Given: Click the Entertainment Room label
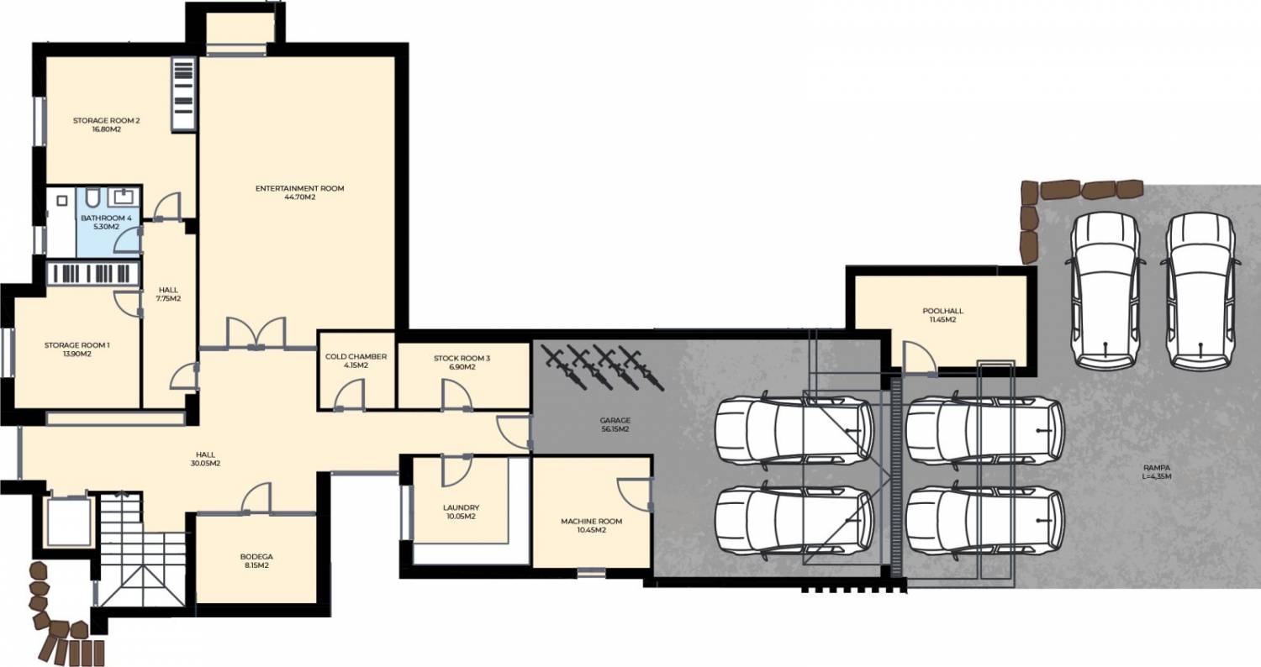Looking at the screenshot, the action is [299, 188].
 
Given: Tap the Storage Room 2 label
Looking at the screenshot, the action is [107, 120].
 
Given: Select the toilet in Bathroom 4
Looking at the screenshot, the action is [93, 197].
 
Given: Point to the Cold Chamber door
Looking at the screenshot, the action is [349, 394].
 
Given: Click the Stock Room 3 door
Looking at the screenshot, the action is [456, 394].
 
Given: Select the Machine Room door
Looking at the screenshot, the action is [636, 495].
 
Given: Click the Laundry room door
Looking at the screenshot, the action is [456, 470].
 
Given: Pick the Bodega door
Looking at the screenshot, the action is [256, 498].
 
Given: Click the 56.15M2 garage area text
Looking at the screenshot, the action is [615, 429].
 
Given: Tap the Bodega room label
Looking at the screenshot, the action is [256, 557].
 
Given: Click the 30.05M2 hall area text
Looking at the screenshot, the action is [205, 464].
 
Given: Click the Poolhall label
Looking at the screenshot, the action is [943, 311].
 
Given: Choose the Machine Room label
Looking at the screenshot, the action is [592, 522].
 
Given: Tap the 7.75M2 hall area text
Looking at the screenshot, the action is [168, 299].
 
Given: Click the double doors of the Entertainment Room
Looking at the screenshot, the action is [256, 333].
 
